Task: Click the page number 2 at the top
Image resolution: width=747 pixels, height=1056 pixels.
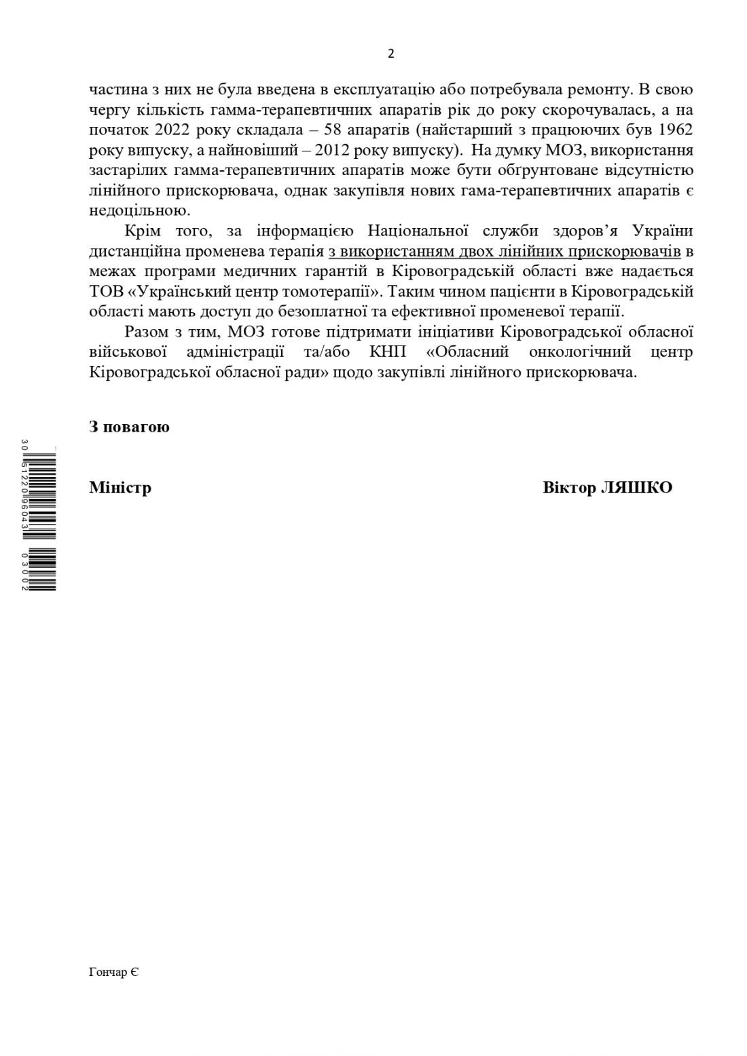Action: coord(390,54)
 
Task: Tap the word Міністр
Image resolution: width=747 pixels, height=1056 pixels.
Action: coord(120,488)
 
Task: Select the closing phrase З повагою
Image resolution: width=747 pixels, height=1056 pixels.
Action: coord(129,427)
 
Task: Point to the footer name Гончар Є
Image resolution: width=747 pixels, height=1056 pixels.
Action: coord(113,973)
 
